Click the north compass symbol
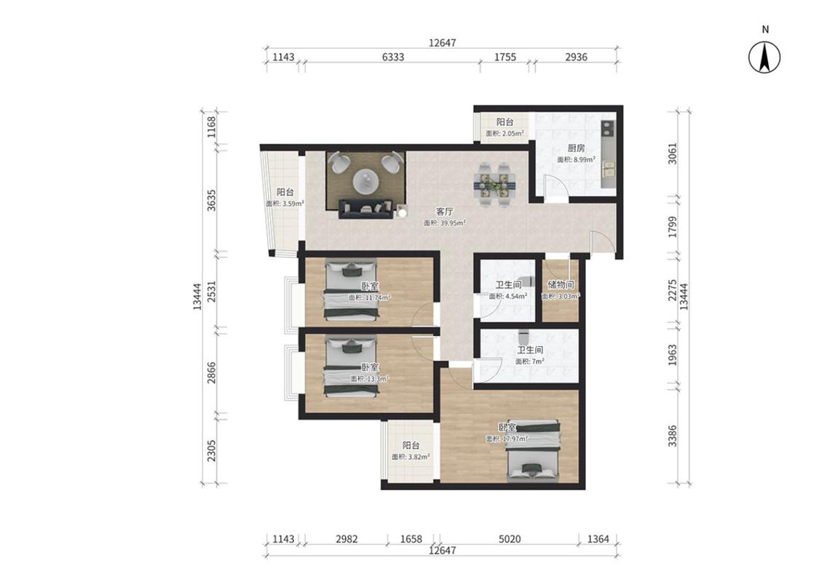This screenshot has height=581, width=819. coord(764,56)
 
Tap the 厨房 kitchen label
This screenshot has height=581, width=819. coord(576,148)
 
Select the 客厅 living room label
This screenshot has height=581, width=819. coord(445,211)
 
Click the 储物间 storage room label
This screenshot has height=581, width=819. coord(561,285)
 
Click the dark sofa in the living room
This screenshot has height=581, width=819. coord(366,209)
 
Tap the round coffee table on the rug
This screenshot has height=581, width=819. coord(366,181)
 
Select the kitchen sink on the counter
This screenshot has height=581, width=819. coord(609,169)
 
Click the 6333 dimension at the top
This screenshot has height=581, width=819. coord(392,57)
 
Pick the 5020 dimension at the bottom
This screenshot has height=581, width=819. coord(510,539)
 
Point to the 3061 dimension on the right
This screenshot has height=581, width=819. coord(672,153)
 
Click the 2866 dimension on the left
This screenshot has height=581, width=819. coord(212,372)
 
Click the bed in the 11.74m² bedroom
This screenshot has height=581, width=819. coord(351,290)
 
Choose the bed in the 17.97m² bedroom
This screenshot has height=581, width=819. coord(534,449)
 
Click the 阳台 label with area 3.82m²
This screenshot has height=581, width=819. coord(411,446)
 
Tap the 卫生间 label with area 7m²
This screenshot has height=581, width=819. coord(530,350)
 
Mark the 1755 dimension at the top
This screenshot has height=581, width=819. coord(505,57)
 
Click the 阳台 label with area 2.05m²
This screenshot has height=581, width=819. coord(505,122)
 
